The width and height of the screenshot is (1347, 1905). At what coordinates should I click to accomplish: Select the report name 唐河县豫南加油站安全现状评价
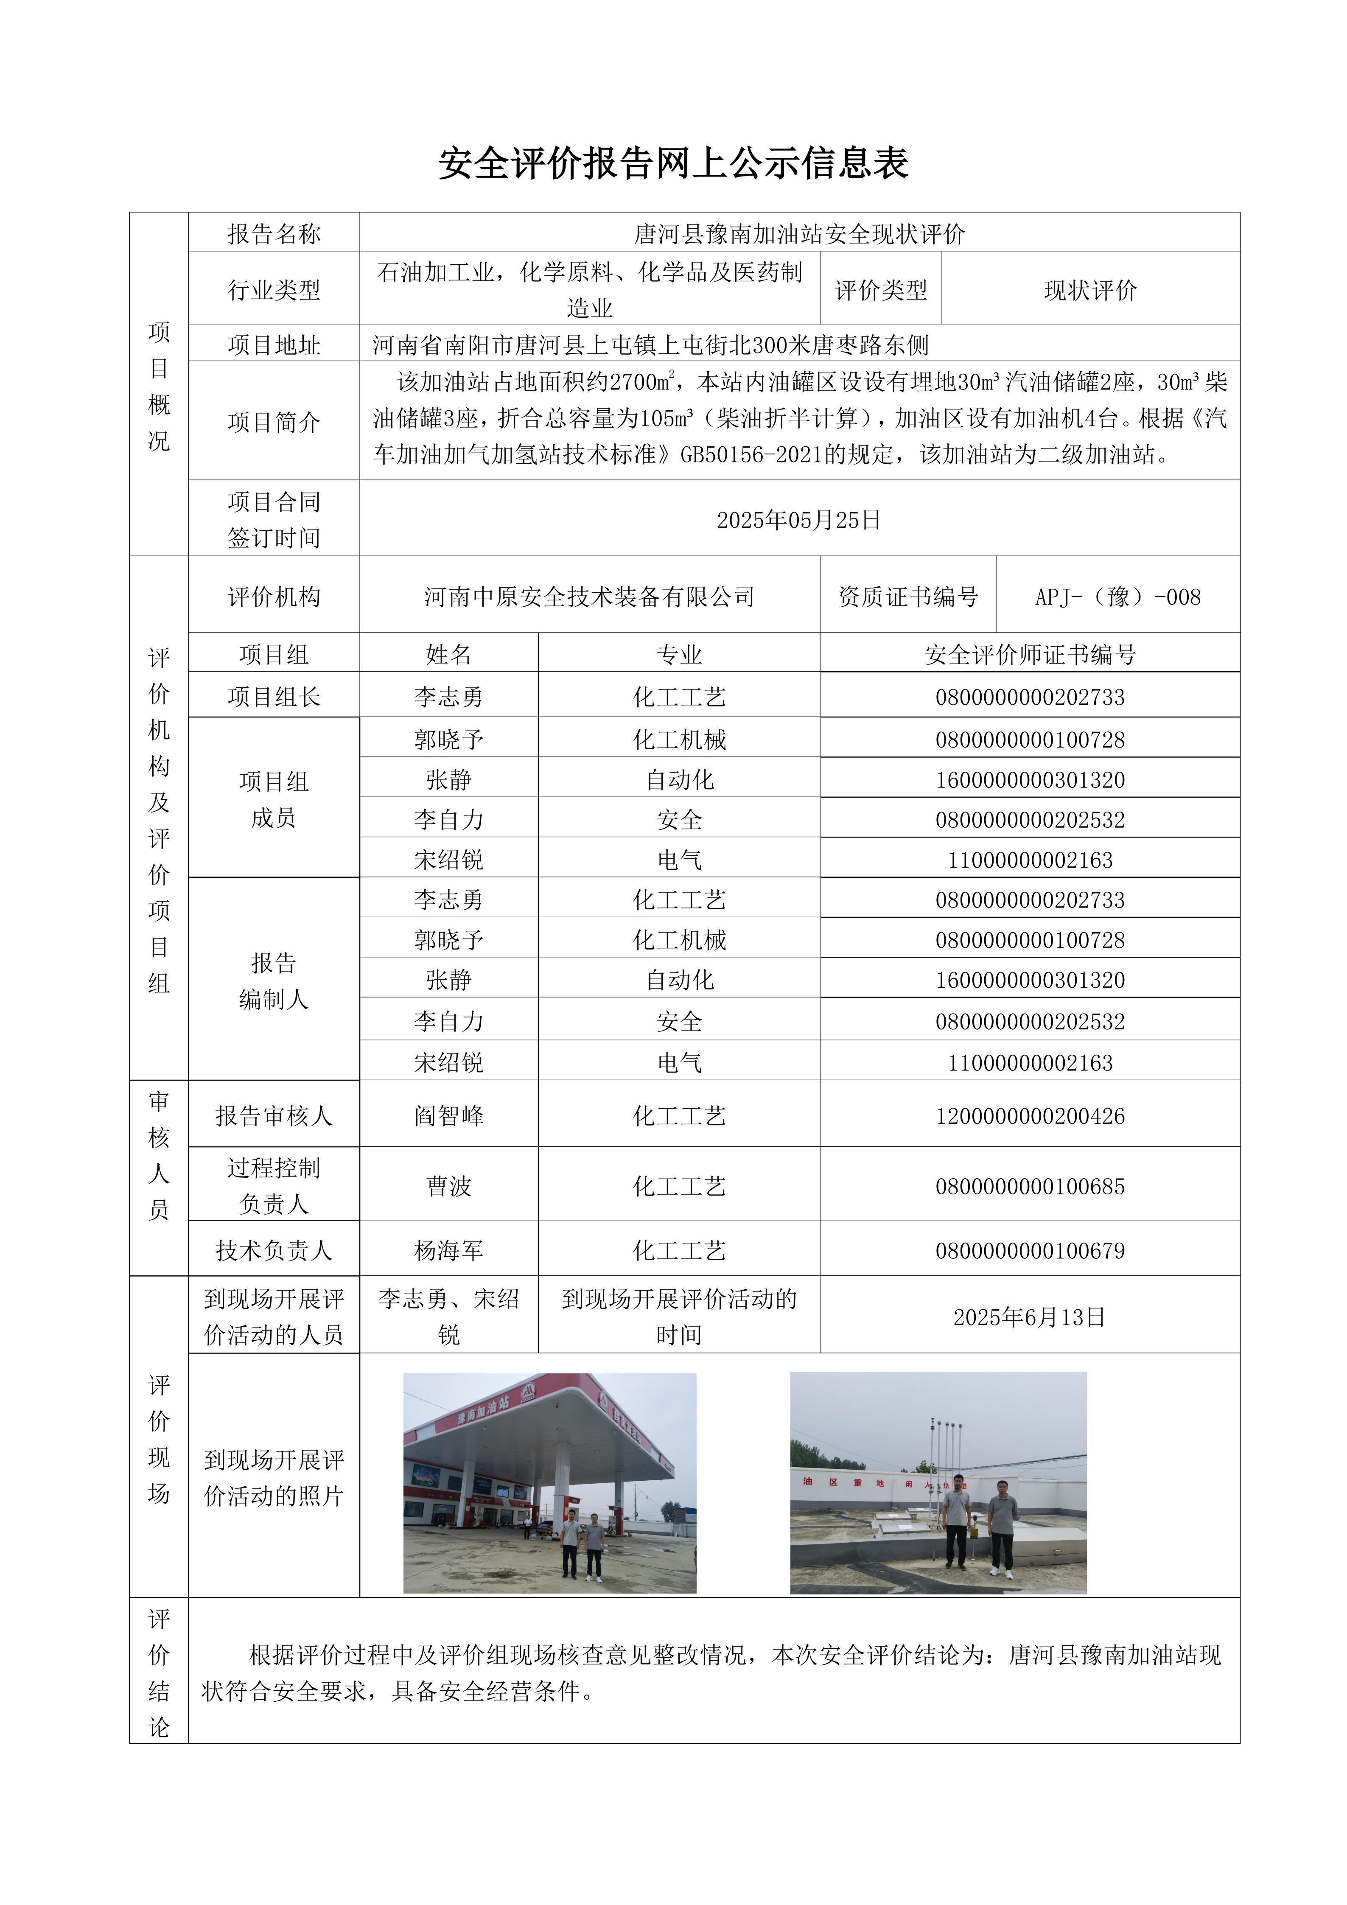click(799, 234)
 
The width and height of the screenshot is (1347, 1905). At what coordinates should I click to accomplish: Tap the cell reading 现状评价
click(1090, 290)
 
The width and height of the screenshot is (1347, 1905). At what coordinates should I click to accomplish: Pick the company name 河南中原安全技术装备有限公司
click(589, 597)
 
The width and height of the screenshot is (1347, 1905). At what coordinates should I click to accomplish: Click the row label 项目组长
click(274, 697)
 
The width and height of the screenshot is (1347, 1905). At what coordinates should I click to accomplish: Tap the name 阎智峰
click(449, 1116)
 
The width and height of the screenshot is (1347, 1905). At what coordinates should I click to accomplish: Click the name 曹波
click(449, 1186)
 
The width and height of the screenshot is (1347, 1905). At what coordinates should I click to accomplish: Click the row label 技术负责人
click(274, 1250)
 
